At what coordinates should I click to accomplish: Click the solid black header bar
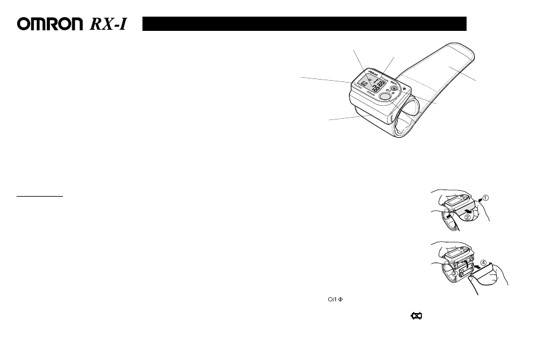[x=304, y=24]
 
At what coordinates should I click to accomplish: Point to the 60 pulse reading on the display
[x=364, y=84]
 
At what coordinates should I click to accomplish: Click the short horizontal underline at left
[x=39, y=194]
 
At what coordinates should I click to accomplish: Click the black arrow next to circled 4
[x=475, y=266]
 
